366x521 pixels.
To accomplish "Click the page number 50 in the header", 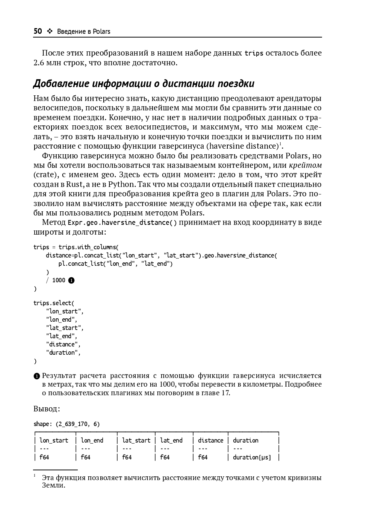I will pyautogui.click(x=38, y=31).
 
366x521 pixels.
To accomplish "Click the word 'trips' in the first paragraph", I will pyautogui.click(x=254, y=53).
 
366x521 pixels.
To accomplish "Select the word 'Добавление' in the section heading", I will pyautogui.click(x=61, y=83).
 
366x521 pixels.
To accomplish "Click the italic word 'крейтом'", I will pyautogui.click(x=305, y=165).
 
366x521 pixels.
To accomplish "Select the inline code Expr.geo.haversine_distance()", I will pyautogui.click(x=122, y=223).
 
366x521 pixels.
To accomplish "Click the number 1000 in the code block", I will pyautogui.click(x=59, y=280).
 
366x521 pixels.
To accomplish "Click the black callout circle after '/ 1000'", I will pyautogui.click(x=71, y=280).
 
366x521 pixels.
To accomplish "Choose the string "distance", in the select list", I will pyautogui.click(x=63, y=344).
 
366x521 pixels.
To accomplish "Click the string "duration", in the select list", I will pyautogui.click(x=63, y=352).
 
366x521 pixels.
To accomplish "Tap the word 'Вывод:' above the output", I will pyautogui.click(x=47, y=409).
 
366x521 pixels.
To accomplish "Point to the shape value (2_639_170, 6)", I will pyautogui.click(x=78, y=424).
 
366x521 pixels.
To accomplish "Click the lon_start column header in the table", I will pyautogui.click(x=54, y=440).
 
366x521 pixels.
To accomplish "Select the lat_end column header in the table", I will pyautogui.click(x=171, y=440).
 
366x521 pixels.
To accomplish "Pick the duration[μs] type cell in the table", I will pyautogui.click(x=252, y=457).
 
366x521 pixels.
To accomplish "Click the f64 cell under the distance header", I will pyautogui.click(x=203, y=457).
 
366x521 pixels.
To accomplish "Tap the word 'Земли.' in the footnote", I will pyautogui.click(x=53, y=485).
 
